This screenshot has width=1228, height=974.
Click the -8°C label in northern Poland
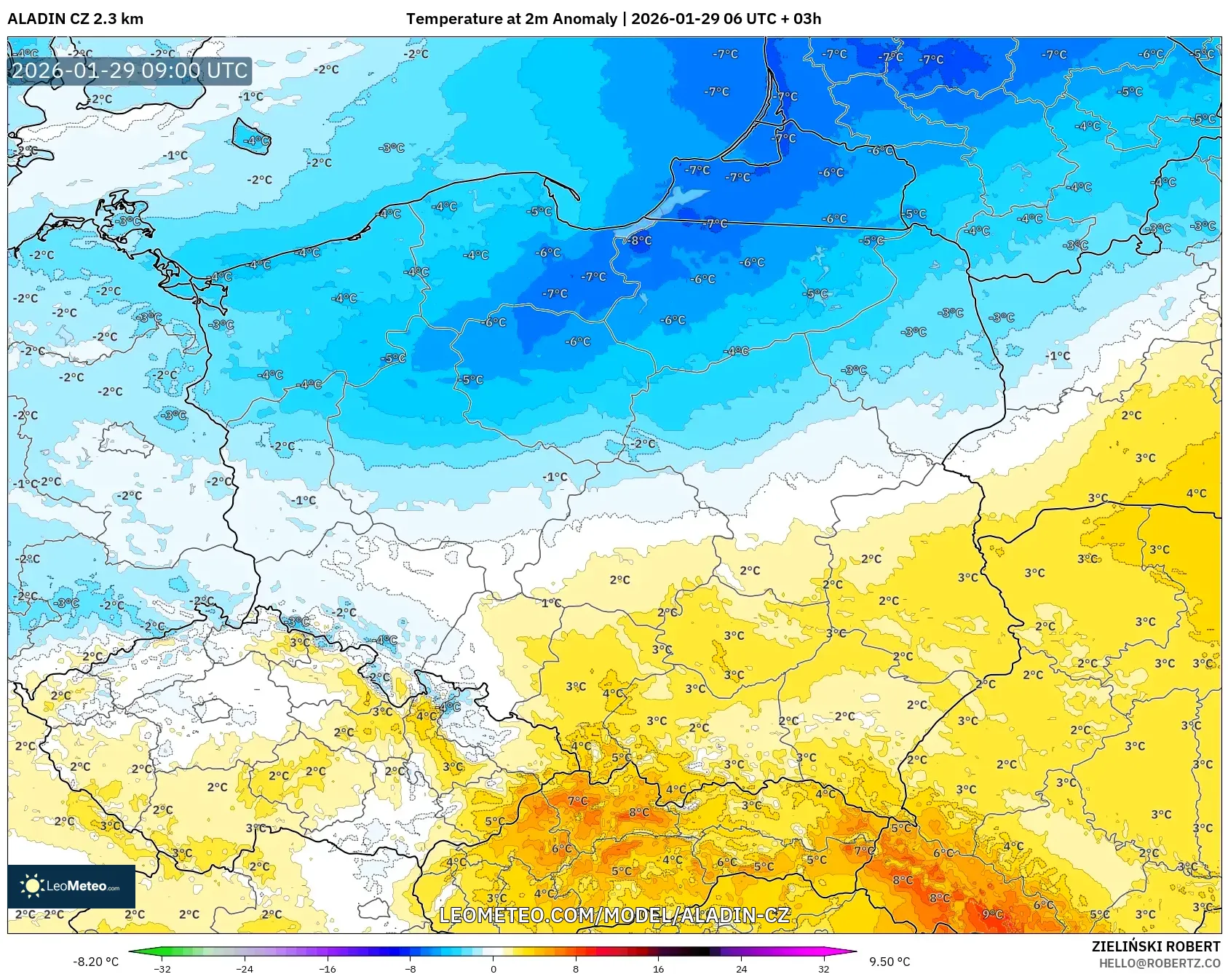[641, 240]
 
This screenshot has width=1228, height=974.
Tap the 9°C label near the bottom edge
[992, 914]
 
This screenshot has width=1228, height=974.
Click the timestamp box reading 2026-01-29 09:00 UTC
[130, 71]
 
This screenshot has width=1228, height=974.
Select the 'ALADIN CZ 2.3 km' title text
[75, 19]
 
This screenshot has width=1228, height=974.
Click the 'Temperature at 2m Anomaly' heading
[511, 19]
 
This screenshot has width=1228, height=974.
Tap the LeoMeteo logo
[71, 886]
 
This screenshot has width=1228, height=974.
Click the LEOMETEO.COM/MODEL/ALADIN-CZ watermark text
[614, 915]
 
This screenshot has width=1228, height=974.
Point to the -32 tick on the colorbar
[162, 968]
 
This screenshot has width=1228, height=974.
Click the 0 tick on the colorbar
[493, 968]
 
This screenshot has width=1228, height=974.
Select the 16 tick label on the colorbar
[658, 968]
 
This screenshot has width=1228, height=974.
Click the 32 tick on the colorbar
[823, 968]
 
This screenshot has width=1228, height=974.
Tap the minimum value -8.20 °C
[95, 962]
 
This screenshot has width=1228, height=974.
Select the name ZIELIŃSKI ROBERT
[1155, 946]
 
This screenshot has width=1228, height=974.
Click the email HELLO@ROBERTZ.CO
[1159, 963]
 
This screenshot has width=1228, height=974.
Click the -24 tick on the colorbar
[245, 968]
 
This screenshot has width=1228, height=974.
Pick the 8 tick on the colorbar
[576, 968]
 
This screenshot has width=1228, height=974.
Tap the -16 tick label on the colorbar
[328, 968]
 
